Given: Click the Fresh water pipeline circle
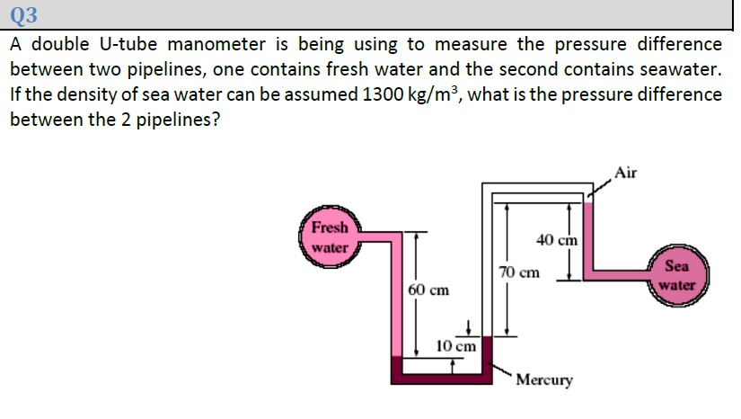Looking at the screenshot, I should click(x=330, y=237).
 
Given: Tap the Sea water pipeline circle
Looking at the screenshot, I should click(x=677, y=275).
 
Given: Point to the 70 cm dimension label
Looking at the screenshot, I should click(x=519, y=271).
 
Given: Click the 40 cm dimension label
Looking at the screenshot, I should click(x=557, y=240).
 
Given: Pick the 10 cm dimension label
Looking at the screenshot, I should click(x=456, y=346).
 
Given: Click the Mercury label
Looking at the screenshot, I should click(x=544, y=380).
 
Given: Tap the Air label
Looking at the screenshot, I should click(x=627, y=173).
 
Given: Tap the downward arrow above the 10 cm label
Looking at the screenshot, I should click(x=468, y=326).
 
